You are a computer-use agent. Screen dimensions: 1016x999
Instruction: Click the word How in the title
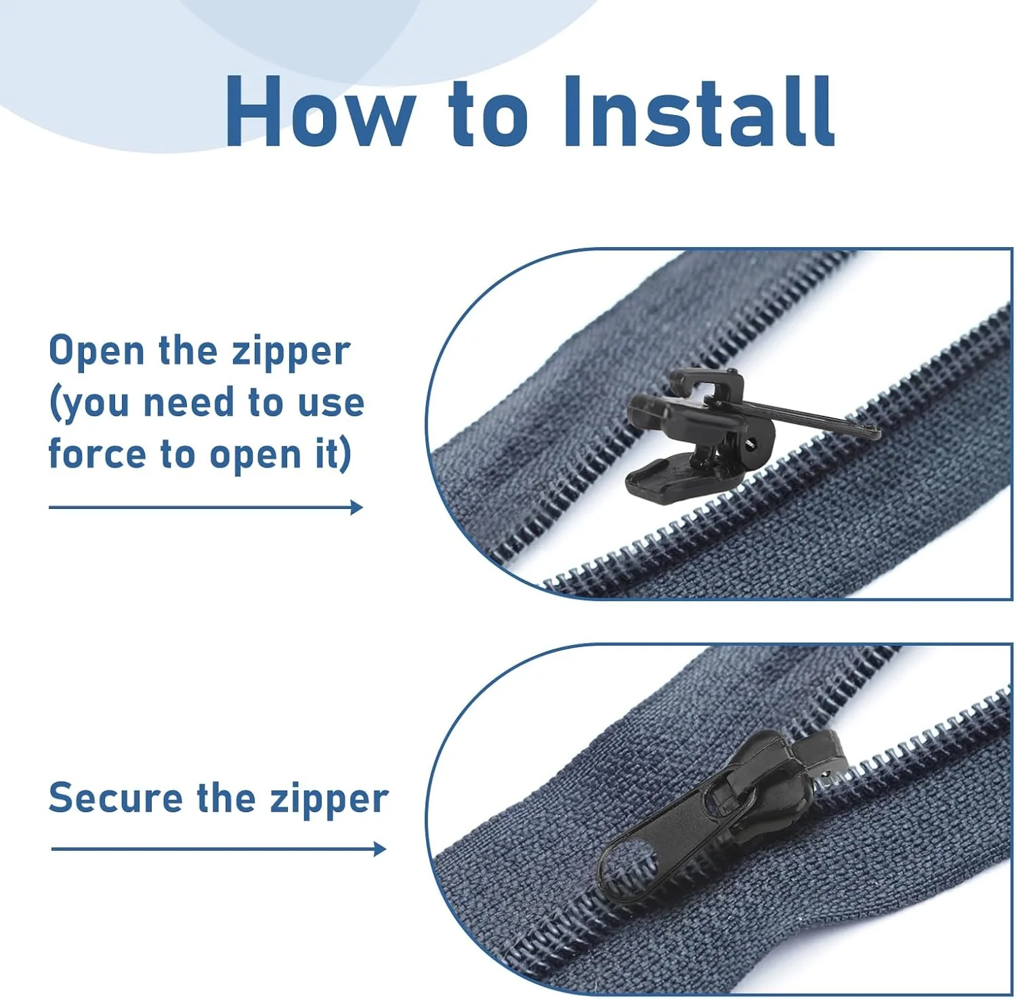point(320,111)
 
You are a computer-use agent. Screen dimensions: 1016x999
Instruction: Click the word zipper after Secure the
point(329,801)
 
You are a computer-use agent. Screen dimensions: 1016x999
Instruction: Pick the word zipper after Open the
point(291,353)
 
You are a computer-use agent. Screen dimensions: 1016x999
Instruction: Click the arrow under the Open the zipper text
point(206,507)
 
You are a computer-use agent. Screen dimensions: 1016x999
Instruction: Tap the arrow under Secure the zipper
point(219,848)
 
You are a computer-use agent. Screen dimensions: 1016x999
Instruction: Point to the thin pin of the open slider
point(799,416)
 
